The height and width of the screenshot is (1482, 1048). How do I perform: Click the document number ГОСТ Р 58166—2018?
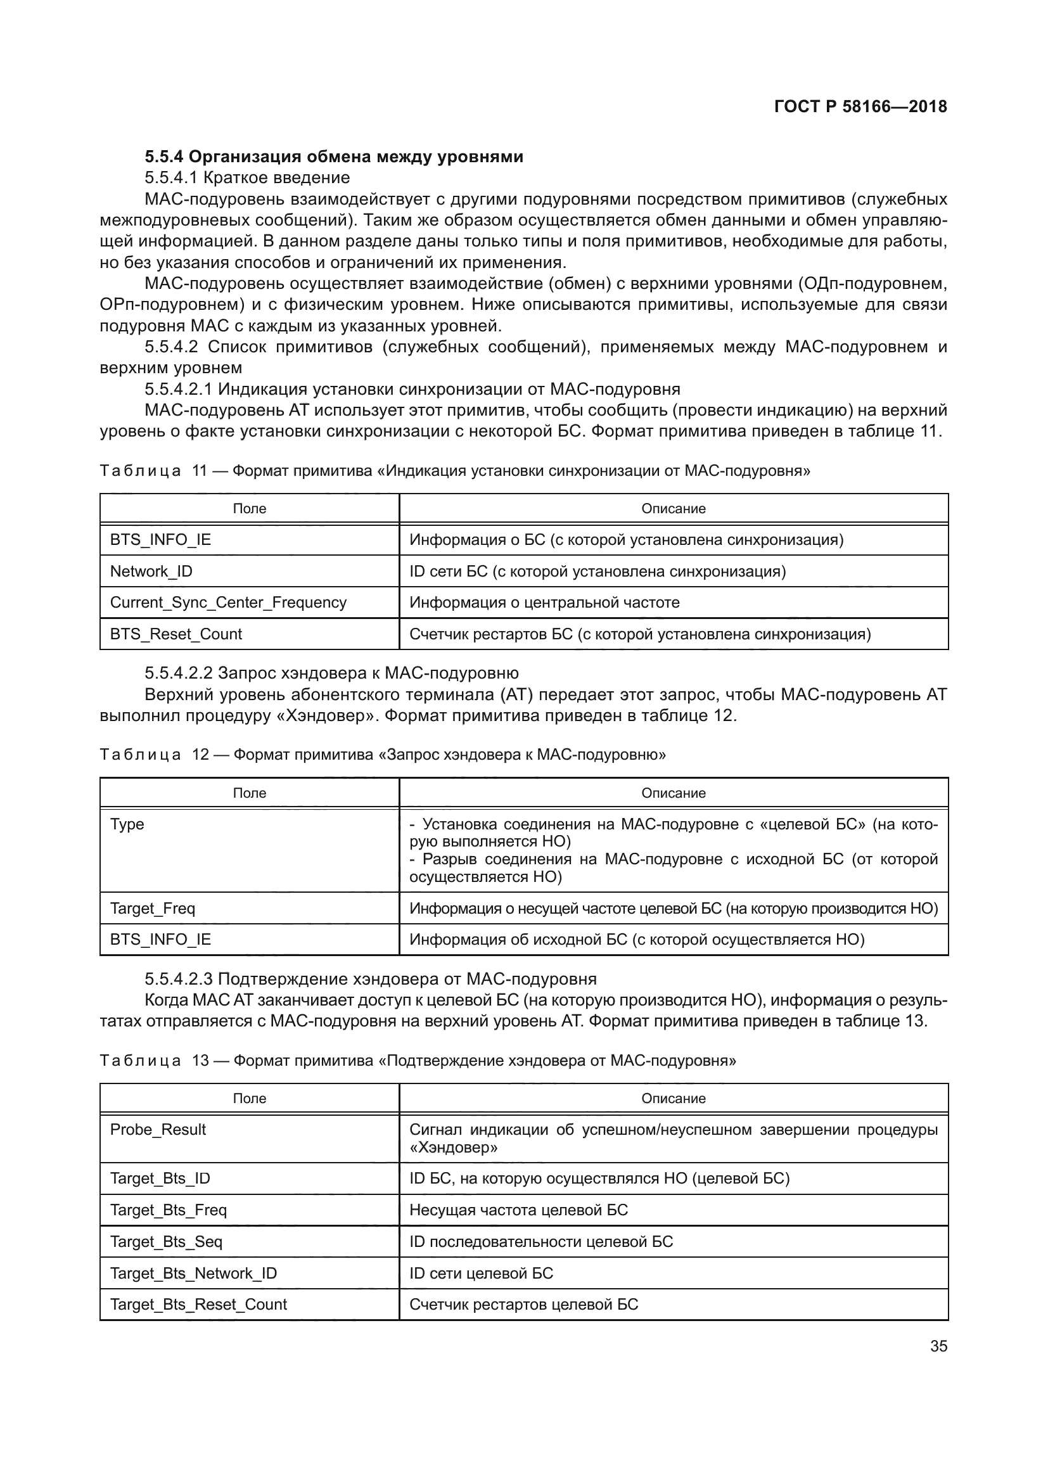coord(860,106)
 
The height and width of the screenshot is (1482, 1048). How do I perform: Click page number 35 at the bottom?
coord(938,1346)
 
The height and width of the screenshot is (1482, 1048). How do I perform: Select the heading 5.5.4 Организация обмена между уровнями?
coord(334,157)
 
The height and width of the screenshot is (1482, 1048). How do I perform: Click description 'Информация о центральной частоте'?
coord(544,602)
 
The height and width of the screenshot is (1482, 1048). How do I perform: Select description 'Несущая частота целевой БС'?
coord(518,1210)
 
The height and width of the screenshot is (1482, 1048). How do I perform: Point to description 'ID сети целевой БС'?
coord(481,1274)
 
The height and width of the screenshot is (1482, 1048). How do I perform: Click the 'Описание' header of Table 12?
coord(673,793)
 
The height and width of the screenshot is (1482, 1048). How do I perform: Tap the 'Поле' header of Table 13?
coord(249,1098)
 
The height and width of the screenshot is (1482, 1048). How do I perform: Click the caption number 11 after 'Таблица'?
coord(200,471)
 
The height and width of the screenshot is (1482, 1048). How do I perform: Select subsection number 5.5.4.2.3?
coord(178,979)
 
